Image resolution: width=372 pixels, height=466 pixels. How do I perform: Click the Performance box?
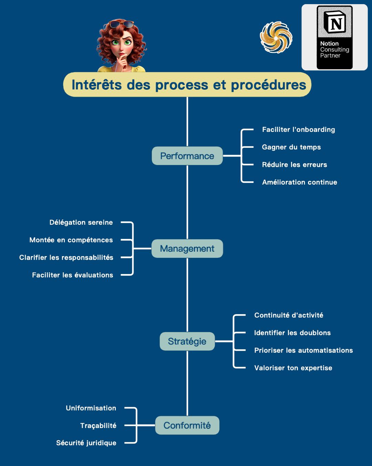point(187,156)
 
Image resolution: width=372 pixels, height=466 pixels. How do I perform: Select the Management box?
point(187,249)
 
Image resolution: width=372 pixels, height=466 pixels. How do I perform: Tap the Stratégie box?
point(187,341)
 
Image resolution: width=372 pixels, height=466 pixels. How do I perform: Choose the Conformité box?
point(187,425)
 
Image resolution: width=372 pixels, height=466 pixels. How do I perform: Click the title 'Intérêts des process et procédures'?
point(188,85)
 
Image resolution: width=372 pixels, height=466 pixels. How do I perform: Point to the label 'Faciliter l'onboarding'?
point(298,130)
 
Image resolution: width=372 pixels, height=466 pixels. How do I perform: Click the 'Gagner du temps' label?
point(291,147)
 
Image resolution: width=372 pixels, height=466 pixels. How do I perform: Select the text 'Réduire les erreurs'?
point(294,165)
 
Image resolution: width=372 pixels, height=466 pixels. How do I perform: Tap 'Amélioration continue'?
point(299,182)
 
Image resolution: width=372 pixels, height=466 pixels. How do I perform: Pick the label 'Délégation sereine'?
point(81,223)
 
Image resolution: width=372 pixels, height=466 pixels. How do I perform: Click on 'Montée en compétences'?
point(71,240)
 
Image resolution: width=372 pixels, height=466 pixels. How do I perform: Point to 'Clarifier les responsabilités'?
point(66,258)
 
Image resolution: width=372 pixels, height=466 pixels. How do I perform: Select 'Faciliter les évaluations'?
point(72,275)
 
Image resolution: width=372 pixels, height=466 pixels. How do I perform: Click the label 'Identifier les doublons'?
point(292,333)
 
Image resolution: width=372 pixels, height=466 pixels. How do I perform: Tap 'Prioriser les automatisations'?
point(303,350)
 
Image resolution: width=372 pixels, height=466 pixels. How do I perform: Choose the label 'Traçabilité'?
point(98,426)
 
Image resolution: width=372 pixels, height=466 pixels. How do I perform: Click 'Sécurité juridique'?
point(86,443)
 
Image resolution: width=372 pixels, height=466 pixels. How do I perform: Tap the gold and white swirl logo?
point(276,37)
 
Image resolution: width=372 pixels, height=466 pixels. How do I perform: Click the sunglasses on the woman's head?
point(121,24)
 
